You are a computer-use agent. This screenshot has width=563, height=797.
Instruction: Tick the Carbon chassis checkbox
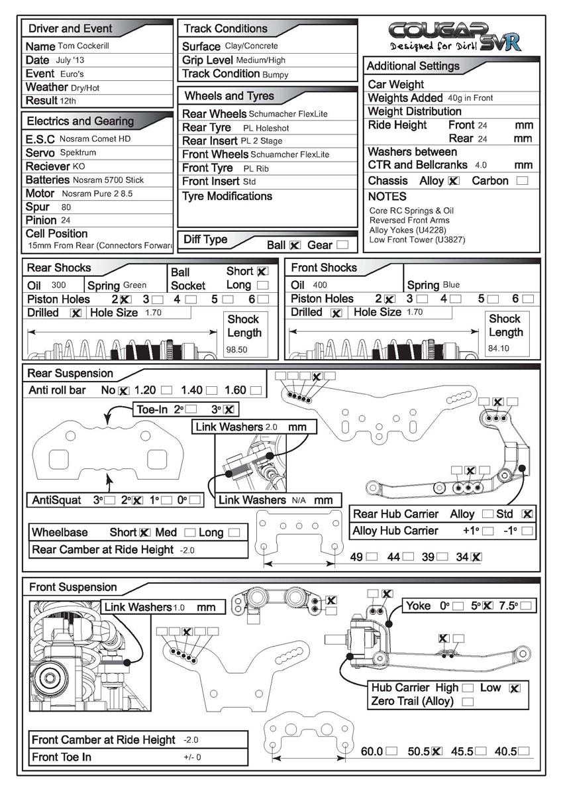pos(523,181)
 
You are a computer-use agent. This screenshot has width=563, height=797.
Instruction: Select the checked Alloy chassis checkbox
pos(454,181)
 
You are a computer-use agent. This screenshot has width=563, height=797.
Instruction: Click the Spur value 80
pos(66,207)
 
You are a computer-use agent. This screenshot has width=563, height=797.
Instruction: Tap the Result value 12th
pos(68,101)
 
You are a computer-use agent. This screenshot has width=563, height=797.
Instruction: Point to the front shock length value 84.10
pos(499,347)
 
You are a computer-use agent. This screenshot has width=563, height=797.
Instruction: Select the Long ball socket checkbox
pos(263,285)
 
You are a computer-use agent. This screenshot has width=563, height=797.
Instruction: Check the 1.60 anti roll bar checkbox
pos(256,391)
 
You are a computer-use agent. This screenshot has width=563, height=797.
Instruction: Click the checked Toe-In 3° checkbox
pos(229,409)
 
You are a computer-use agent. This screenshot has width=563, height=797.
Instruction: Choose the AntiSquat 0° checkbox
pos(196,500)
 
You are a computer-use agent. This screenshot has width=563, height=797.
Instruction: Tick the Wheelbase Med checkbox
pos(190,533)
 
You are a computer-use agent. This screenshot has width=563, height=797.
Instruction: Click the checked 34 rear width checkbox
pos(477,557)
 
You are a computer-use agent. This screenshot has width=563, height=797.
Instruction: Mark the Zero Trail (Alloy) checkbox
pos(468,702)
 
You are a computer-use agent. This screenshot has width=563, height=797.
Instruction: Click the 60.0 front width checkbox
pos(392,751)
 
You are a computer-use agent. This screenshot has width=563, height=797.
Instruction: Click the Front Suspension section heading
pos(73,587)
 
